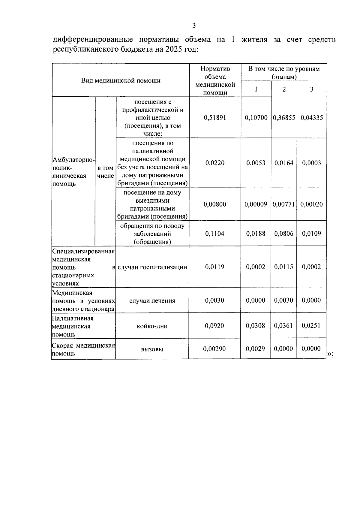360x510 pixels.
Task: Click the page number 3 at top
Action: click(194, 26)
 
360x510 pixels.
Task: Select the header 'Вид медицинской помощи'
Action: click(121, 80)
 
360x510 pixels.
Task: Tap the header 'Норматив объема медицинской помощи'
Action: click(215, 80)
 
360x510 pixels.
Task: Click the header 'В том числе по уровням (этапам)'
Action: click(284, 72)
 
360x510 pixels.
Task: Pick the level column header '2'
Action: click(284, 89)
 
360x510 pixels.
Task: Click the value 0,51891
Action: click(215, 118)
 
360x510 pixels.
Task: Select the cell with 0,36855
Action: click(284, 118)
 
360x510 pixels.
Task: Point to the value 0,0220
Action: click(215, 163)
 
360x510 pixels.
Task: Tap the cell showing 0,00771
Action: click(284, 204)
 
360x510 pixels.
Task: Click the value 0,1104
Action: click(215, 234)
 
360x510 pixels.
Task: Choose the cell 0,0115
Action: click(284, 267)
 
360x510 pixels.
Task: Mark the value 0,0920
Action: click(214, 326)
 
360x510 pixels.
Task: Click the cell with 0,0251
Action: click(311, 325)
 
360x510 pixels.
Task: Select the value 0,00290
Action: click(214, 349)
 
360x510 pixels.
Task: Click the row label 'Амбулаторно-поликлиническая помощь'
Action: click(73, 172)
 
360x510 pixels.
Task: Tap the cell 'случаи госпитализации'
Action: click(152, 267)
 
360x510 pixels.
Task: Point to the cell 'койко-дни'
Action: click(152, 326)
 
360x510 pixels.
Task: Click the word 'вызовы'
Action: click(152, 349)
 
